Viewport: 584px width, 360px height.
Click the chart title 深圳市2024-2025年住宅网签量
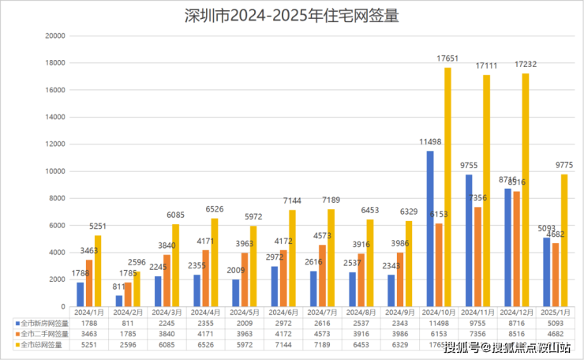point(292,16)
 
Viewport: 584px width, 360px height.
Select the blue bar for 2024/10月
point(430,229)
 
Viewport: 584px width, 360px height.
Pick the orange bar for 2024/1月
point(89,283)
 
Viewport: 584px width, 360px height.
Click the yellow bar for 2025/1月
point(563,240)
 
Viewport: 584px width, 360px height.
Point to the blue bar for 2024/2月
point(119,301)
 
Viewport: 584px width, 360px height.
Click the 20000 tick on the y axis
point(54,36)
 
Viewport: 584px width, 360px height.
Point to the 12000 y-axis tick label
point(54,144)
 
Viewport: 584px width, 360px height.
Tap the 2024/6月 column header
point(283,313)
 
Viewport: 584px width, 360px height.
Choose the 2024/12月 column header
point(516,313)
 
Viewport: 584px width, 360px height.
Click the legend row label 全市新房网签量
point(43,323)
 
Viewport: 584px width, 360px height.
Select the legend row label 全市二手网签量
point(43,334)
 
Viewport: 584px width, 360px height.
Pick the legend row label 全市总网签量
point(40,345)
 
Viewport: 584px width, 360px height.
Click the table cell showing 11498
point(439,323)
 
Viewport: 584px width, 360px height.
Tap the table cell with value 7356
point(477,334)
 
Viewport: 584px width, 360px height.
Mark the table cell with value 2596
point(128,345)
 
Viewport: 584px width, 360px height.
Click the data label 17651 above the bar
point(447,58)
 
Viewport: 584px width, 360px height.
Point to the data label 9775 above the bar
point(563,165)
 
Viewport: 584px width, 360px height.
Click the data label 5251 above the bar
point(98,227)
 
